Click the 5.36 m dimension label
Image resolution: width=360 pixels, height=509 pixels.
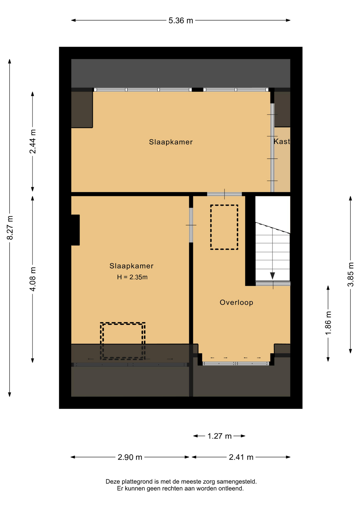pyautogui.click(x=181, y=20)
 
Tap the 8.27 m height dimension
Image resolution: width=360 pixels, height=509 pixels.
pyautogui.click(x=10, y=228)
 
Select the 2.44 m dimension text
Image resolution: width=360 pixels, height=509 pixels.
pyautogui.click(x=33, y=142)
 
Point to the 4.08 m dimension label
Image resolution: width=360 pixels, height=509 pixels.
pyautogui.click(x=33, y=279)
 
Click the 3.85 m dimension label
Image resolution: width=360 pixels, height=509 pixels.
pyautogui.click(x=351, y=274)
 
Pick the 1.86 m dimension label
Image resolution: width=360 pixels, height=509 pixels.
pyautogui.click(x=328, y=323)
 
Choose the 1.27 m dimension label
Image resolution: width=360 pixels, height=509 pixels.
pyautogui.click(x=219, y=436)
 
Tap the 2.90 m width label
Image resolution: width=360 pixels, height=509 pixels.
pyautogui.click(x=130, y=457)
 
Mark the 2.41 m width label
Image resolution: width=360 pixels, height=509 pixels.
pyautogui.click(x=241, y=457)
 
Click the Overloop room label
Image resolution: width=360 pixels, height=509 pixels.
pyautogui.click(x=236, y=302)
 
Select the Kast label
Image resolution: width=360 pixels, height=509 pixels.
pyautogui.click(x=282, y=142)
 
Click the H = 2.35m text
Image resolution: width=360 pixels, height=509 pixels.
pyautogui.click(x=132, y=277)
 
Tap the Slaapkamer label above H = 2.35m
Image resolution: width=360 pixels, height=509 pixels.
pyautogui.click(x=131, y=266)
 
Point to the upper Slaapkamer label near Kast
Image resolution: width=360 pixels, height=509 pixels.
pyautogui.click(x=171, y=142)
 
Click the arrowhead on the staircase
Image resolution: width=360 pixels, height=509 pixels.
pyautogui.click(x=273, y=276)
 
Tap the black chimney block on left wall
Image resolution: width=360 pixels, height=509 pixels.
pyautogui.click(x=75, y=230)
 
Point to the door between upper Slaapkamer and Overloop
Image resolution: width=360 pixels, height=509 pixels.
pyautogui.click(x=225, y=194)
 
